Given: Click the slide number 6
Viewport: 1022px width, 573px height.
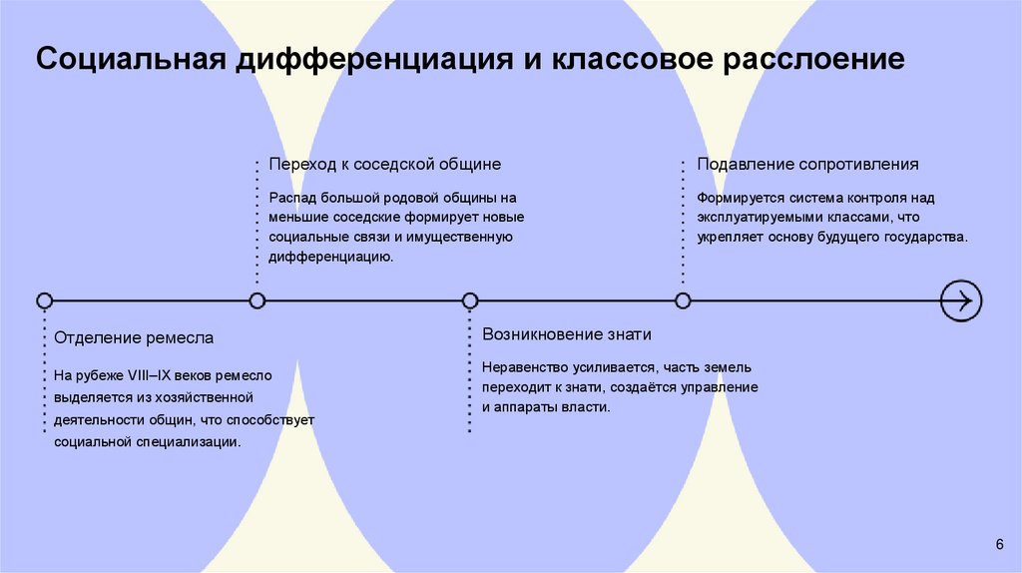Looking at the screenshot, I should click(999, 543).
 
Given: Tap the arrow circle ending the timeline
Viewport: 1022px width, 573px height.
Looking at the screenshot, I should click(961, 299).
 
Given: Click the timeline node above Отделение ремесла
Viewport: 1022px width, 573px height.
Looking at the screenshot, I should click(44, 299).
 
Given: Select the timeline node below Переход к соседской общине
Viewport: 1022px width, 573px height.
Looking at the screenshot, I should click(257, 299).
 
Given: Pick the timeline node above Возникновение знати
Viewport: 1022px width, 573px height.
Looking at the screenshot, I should click(470, 299).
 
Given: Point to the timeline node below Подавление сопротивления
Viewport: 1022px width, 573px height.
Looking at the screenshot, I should click(683, 299).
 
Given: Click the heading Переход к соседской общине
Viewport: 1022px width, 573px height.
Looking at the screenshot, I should click(384, 164).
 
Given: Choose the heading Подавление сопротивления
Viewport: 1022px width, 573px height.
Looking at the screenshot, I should click(807, 164).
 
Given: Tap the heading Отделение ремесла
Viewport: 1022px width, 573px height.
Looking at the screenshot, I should click(134, 338).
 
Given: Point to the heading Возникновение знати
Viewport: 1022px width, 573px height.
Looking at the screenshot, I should click(566, 334).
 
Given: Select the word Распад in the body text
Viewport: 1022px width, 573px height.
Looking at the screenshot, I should click(290, 199).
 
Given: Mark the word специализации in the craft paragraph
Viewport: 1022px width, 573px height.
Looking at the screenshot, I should click(189, 441).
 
